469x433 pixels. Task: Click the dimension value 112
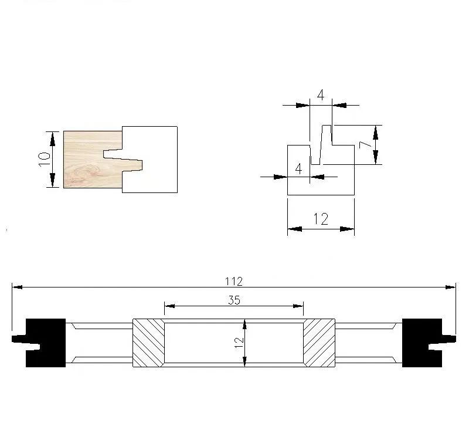(x=233, y=282)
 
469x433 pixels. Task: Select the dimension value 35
(x=234, y=300)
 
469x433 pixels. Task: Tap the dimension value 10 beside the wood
(x=45, y=160)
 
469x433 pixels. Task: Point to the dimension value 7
(x=365, y=145)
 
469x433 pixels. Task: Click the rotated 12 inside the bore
(x=239, y=343)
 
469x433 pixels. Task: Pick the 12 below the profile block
(x=321, y=219)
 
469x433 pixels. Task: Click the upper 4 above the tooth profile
(x=321, y=95)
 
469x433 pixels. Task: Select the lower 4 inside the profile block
(x=298, y=169)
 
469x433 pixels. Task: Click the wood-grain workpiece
(x=93, y=160)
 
